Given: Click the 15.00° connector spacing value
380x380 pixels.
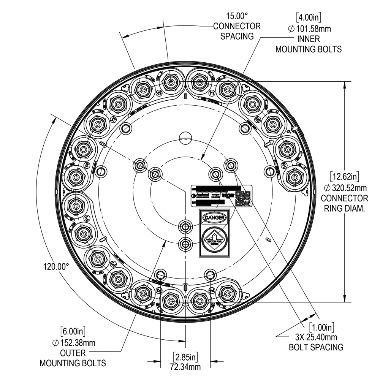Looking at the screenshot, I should tap(237, 16).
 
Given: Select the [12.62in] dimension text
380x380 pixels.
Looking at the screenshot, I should tap(344, 177).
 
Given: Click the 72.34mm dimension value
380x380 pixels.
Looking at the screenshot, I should tap(185, 367).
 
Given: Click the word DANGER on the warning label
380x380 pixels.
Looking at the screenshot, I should tap(215, 217).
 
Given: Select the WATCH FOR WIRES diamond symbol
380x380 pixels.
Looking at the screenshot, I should tap(215, 238).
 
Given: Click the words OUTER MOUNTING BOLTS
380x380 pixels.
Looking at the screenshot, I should tap(73, 358).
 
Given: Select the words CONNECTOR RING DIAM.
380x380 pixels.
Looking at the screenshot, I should tap(344, 203).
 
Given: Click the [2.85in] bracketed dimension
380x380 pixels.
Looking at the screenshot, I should tap(185, 357).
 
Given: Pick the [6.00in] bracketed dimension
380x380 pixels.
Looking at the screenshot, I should tap(73, 332).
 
